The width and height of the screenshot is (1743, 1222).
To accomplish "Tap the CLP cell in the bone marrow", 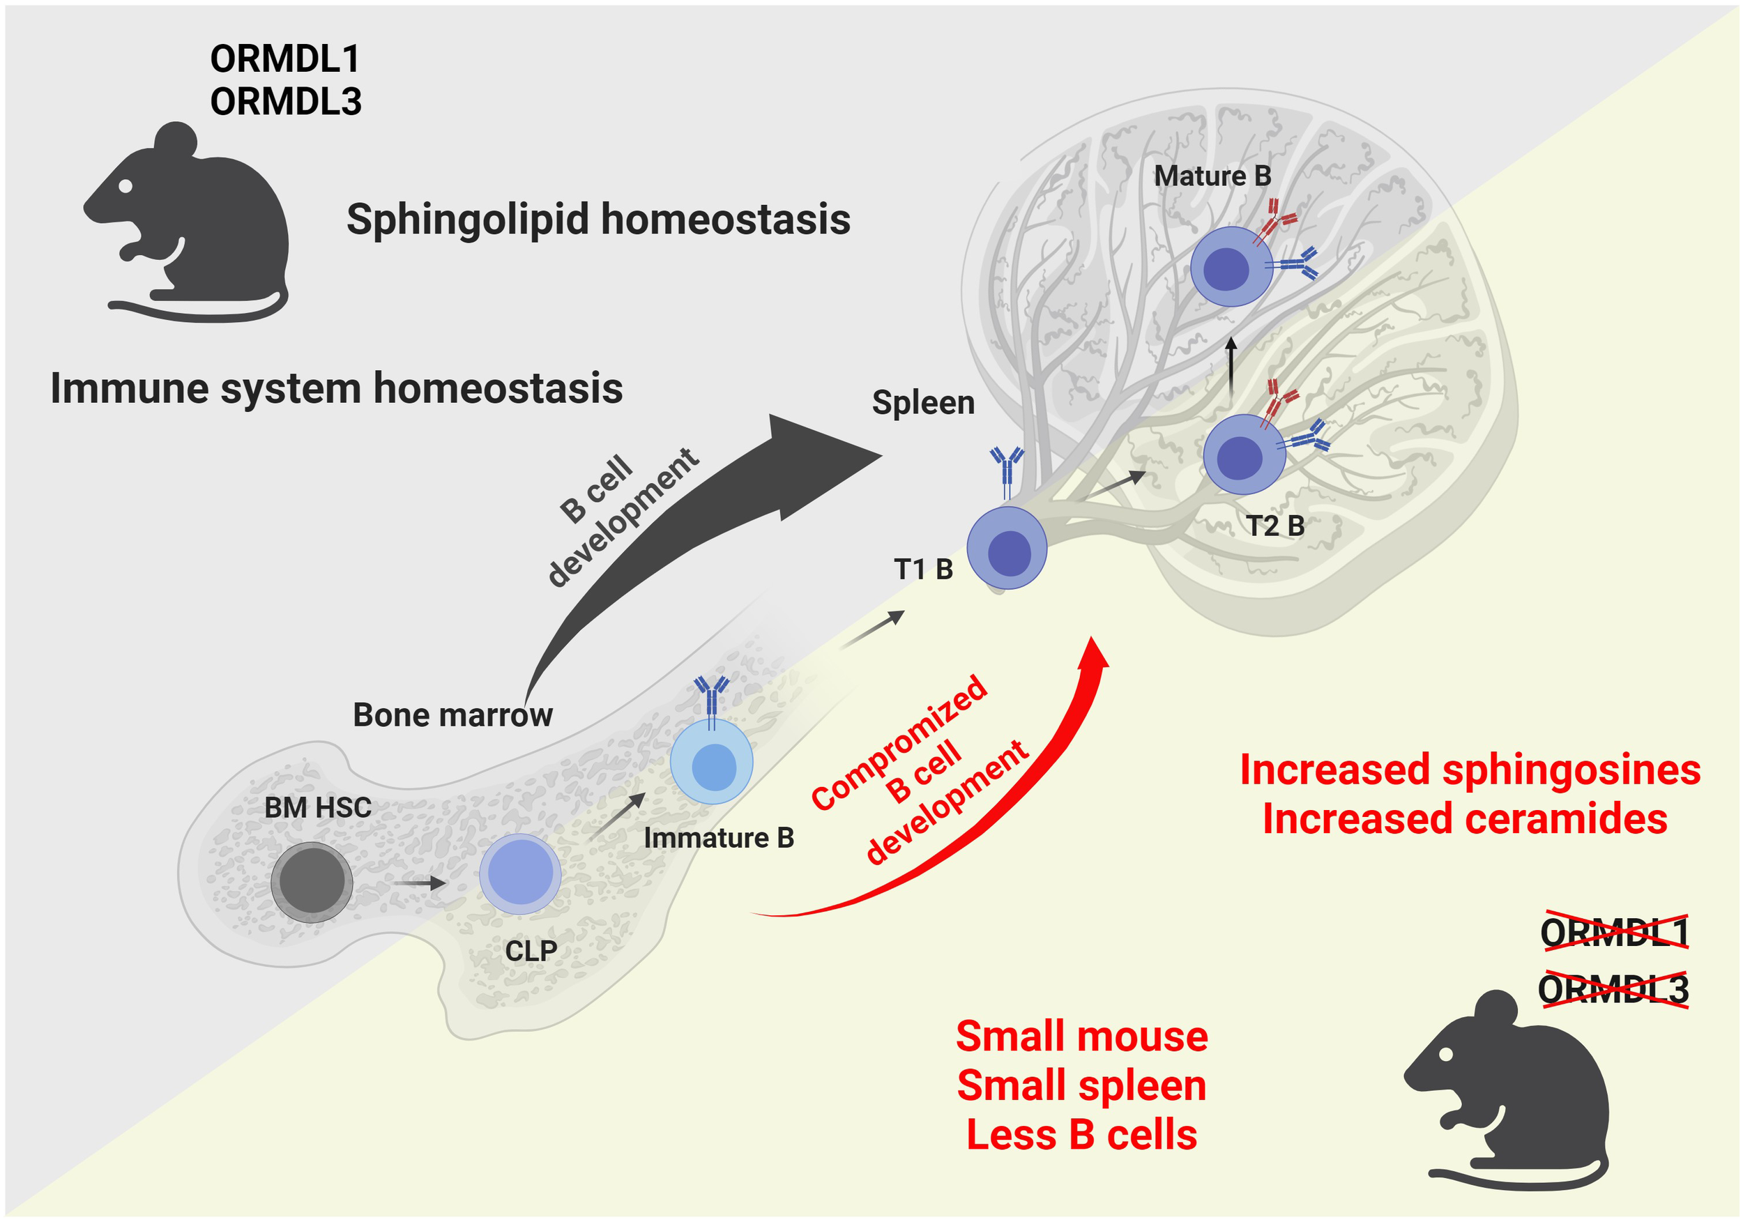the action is pos(520,873).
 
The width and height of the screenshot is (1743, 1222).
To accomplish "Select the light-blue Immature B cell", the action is pos(712,762).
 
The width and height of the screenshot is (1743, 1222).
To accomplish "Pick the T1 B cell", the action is pos(1007,548).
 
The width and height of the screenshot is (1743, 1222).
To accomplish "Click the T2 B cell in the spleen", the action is pos(1245,455).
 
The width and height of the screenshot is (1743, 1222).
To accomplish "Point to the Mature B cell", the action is pos(1231,266).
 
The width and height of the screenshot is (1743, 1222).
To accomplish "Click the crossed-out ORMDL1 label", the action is pos(1615,932).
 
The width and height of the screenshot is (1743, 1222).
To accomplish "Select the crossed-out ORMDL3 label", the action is pos(1613,990).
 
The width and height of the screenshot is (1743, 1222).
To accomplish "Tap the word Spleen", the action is pos(923,402).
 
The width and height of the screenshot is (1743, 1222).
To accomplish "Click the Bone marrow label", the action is pos(452,715).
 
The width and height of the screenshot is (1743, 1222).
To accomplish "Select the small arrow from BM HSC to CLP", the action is pos(419,883).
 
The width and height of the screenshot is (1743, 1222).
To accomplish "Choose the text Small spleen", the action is pos(1082,1085).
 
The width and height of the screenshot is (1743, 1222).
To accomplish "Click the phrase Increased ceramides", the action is pos(1465,820).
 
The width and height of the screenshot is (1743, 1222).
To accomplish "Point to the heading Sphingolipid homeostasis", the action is pos(598,220).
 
